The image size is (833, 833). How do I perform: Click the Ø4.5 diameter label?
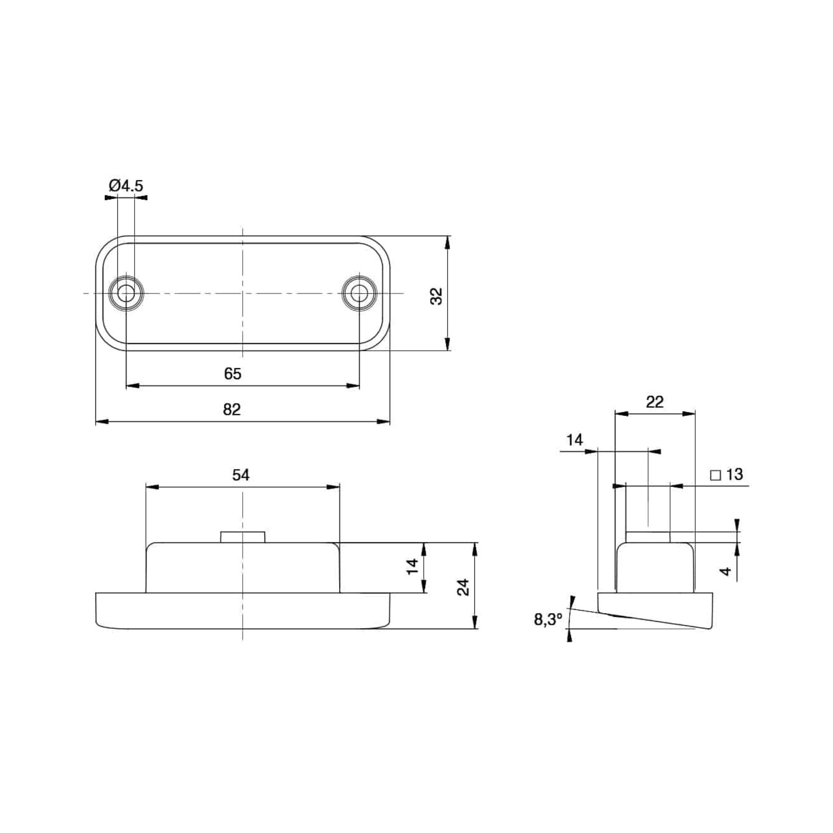tap(126, 186)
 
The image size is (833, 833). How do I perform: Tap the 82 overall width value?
tap(232, 409)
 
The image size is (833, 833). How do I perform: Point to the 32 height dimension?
tap(437, 296)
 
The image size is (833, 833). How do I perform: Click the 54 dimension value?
tap(241, 475)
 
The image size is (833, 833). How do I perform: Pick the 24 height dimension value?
tap(464, 587)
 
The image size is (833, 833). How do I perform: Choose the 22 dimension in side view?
tap(654, 402)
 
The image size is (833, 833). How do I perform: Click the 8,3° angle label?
tap(548, 620)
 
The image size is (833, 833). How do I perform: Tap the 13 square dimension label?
tap(735, 474)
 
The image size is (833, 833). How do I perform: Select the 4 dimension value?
tap(726, 571)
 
